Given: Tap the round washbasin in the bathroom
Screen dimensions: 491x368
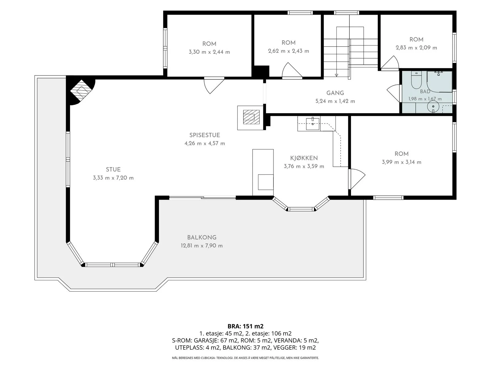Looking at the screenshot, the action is [433, 107].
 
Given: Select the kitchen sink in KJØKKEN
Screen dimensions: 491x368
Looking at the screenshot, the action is [312, 123].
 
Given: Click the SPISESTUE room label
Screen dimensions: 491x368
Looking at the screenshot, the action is [205, 135].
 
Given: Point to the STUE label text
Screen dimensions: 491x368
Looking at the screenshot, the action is [113, 170].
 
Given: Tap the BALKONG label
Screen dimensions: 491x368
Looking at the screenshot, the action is [202, 237].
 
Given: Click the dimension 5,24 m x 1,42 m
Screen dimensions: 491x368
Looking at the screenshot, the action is [335, 101].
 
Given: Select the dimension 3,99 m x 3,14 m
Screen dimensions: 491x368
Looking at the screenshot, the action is [401, 162].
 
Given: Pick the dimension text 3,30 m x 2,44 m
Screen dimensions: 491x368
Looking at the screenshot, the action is [209, 52].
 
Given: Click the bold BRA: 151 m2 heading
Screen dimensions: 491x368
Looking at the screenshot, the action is [245, 326].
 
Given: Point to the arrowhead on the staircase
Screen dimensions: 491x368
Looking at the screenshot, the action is [336, 75].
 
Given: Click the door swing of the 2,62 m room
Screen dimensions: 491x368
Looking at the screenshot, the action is [292, 71].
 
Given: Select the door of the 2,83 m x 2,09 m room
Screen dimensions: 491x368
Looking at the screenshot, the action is [390, 62].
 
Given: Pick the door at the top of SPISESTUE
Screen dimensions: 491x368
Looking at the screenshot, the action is [214, 85].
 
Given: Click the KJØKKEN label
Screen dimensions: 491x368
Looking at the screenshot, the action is [304, 158].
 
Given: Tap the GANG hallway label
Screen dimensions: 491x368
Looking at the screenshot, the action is [335, 93].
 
